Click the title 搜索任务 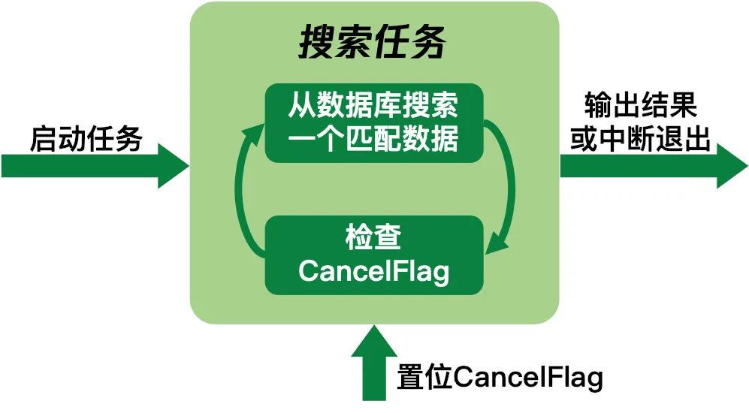click(x=373, y=44)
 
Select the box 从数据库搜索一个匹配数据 click(x=373, y=122)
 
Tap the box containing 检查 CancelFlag click(x=373, y=255)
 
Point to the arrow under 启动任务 click(x=90, y=166)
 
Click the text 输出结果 click(x=640, y=106)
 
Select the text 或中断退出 click(x=640, y=140)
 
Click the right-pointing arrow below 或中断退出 click(x=646, y=166)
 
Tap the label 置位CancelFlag click(x=500, y=378)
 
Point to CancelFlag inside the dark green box click(x=373, y=270)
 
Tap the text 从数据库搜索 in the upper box click(x=373, y=107)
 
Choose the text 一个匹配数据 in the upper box click(x=373, y=139)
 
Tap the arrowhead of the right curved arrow click(x=497, y=246)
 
